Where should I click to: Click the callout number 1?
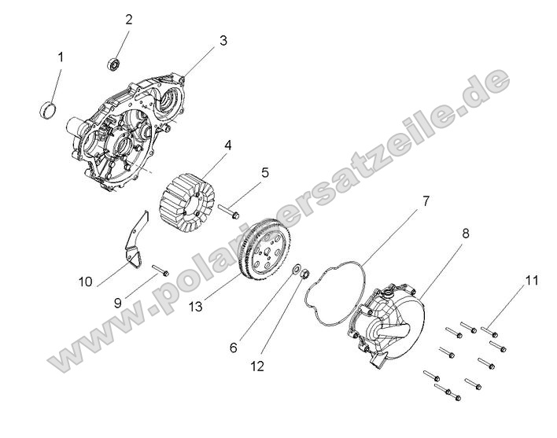tap(60, 57)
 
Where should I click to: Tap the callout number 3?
tap(223, 40)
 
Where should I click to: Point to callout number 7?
tap(426, 201)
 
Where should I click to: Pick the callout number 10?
tap(86, 281)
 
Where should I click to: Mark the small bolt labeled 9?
tap(160, 271)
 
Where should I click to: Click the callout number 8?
tap(465, 234)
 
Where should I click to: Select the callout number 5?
tap(265, 171)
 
